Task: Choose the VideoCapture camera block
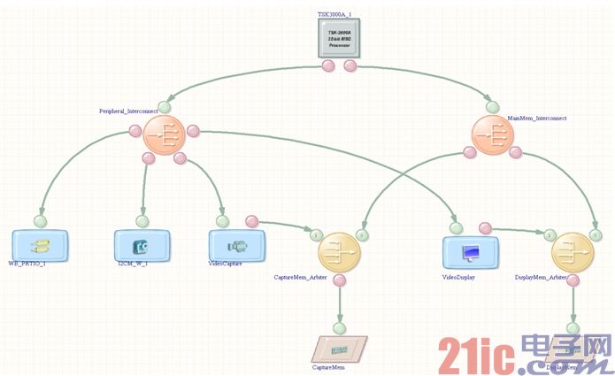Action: [x=237, y=243]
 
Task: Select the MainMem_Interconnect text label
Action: [x=536, y=117]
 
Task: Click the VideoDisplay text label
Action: [x=458, y=277]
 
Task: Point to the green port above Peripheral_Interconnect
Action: [x=165, y=107]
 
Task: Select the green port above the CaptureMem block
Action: [x=340, y=325]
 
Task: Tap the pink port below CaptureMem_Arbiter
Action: [x=339, y=281]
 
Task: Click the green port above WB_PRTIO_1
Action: [x=40, y=220]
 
